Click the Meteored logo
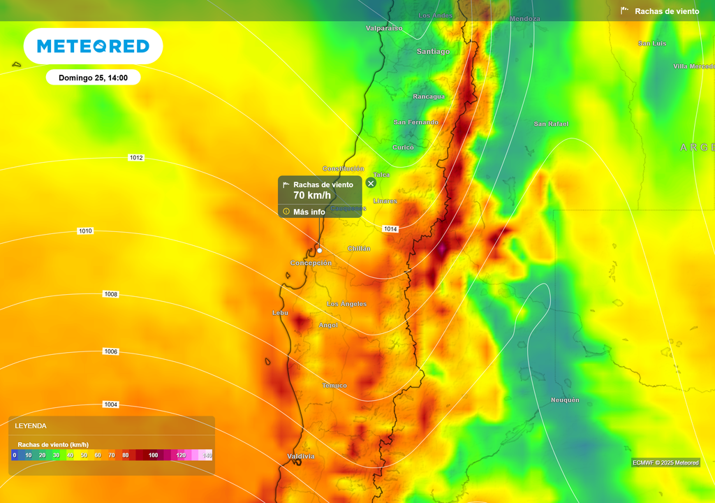click(x=93, y=46)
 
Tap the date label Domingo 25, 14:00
click(x=93, y=78)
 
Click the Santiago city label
click(x=433, y=52)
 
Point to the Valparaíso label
click(x=384, y=28)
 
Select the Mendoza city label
click(x=525, y=19)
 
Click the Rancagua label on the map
click(x=429, y=96)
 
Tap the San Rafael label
click(x=551, y=124)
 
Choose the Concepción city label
click(x=311, y=263)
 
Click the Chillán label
click(x=359, y=249)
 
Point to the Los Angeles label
click(x=346, y=304)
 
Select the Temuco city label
click(x=334, y=386)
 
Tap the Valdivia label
click(x=301, y=456)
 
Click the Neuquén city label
click(x=565, y=400)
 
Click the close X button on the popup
click(x=371, y=183)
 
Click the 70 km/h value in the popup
click(x=311, y=196)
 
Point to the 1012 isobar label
click(x=136, y=158)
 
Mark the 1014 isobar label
click(x=390, y=229)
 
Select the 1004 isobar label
click(x=111, y=404)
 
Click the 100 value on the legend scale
click(x=153, y=455)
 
